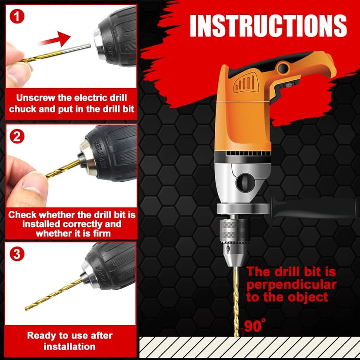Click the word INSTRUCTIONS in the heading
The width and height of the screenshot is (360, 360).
pyautogui.click(x=268, y=26)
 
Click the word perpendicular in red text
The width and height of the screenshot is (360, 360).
pyautogui.click(x=292, y=285)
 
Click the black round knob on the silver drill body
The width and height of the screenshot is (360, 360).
pyautogui.click(x=245, y=183)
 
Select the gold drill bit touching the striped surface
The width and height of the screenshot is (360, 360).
pyautogui.click(x=236, y=302)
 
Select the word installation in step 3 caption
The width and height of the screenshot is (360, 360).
pyautogui.click(x=70, y=347)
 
